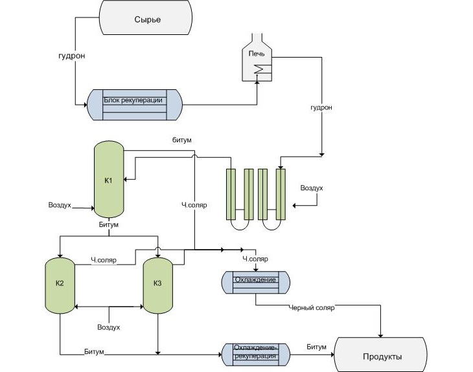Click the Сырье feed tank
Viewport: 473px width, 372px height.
coord(147,19)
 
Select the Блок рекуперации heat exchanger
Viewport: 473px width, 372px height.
coord(135,104)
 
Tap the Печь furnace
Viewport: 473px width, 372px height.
coord(257,62)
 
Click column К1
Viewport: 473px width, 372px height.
coord(109,179)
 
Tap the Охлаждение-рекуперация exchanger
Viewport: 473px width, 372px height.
coord(255,353)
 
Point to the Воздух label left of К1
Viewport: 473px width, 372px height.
coord(60,205)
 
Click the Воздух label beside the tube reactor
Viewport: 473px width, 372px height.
coord(312,188)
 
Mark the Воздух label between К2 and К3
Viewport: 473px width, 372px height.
coord(108,327)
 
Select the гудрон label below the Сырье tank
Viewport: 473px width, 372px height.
coord(71,56)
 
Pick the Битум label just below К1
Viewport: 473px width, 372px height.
coord(108,225)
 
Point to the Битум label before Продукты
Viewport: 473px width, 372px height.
coord(317,347)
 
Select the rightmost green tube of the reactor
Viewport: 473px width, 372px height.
coord(281,195)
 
